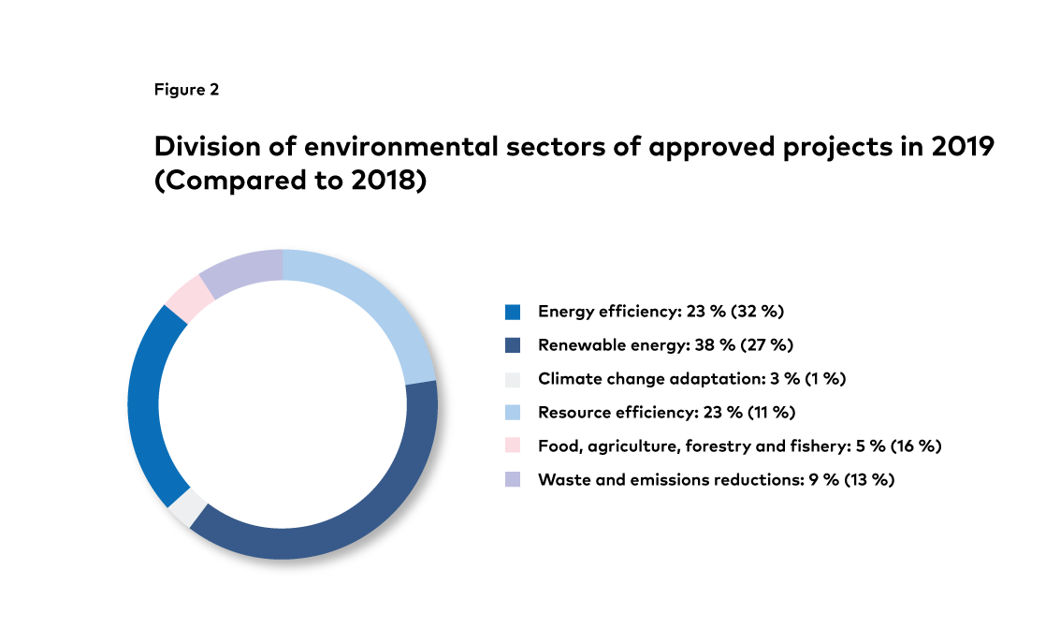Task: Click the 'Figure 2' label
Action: point(186,90)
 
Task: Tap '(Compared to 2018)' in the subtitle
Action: point(290,181)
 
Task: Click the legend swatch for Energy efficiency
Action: point(512,312)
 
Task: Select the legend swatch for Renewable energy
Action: point(512,345)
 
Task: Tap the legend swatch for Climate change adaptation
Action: point(512,379)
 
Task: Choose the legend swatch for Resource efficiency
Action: point(512,413)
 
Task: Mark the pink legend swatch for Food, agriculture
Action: point(512,446)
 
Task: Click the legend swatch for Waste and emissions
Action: point(512,480)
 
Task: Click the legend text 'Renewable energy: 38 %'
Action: point(636,345)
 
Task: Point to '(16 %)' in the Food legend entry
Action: point(909,446)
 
